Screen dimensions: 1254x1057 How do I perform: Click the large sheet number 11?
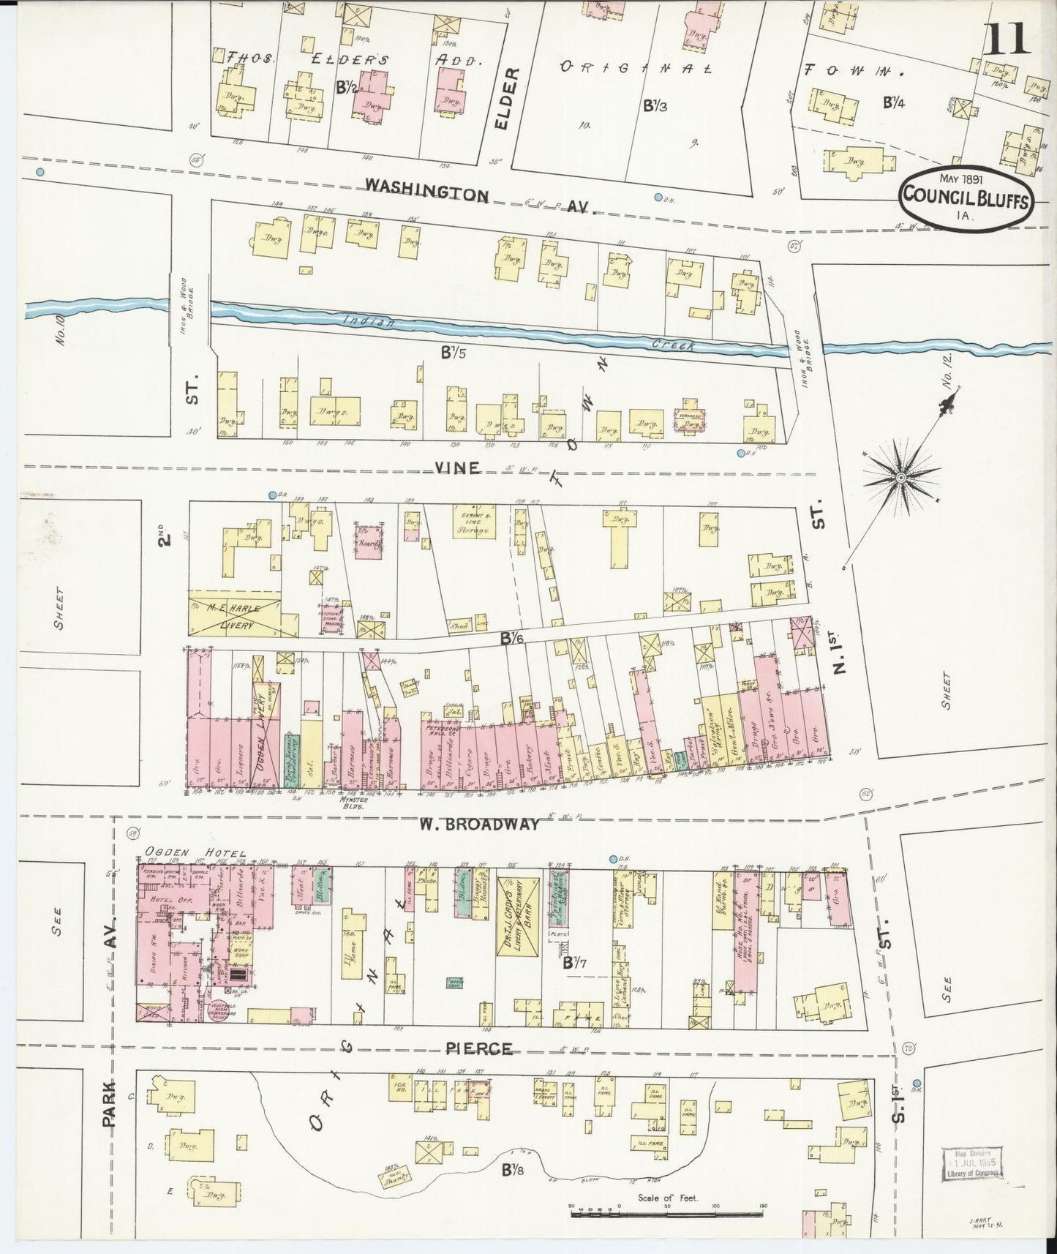coord(1007,38)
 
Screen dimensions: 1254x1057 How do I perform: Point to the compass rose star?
coord(901,478)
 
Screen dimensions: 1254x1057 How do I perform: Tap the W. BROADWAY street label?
coord(479,824)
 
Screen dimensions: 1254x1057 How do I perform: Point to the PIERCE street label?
coord(479,1048)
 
